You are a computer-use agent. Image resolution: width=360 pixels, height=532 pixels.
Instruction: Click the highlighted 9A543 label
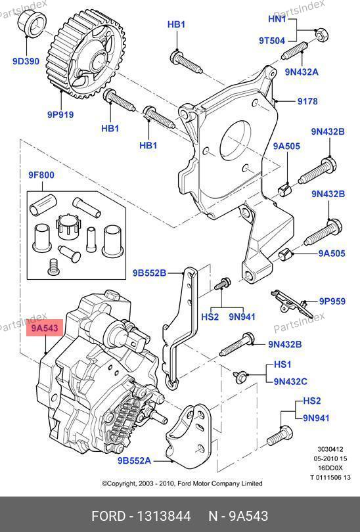coord(45,328)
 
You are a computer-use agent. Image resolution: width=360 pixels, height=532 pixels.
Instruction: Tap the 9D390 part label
coord(26,62)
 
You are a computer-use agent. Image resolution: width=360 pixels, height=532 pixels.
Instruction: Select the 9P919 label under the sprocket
coord(60,115)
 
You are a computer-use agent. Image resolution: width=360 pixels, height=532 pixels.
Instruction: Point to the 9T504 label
coord(272,41)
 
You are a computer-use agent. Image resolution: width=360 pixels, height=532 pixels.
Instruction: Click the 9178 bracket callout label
coord(307,101)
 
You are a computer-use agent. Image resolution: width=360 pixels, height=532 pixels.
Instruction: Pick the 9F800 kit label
coord(41,175)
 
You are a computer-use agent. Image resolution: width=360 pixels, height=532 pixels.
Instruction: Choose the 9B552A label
coord(135,461)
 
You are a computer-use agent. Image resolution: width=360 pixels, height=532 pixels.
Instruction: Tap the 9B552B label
coord(149,273)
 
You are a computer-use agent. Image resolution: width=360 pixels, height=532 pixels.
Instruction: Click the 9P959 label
coord(332,301)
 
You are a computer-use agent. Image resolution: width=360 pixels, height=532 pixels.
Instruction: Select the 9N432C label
coord(290,382)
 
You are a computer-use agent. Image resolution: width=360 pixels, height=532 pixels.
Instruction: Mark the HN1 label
coord(277,18)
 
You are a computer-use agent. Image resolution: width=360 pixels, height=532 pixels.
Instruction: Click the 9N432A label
coord(302,72)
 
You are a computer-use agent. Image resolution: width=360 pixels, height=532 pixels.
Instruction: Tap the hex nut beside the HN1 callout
coord(321,35)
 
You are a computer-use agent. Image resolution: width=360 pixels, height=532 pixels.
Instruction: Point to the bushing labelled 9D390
coord(32,23)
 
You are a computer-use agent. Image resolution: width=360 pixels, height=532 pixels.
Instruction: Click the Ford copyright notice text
coord(182,483)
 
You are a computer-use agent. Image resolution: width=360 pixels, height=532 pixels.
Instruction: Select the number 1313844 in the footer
coord(164,516)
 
